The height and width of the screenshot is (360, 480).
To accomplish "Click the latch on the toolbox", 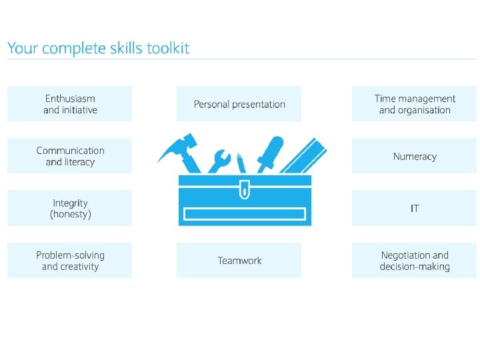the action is click(x=244, y=191).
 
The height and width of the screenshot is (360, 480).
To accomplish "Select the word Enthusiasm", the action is click(x=70, y=99).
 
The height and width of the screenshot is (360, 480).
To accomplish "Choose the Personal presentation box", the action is click(x=239, y=104).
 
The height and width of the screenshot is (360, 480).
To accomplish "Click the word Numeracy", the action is click(x=415, y=157).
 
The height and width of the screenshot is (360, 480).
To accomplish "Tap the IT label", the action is click(x=415, y=209).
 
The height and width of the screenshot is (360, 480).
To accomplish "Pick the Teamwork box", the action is click(x=239, y=261).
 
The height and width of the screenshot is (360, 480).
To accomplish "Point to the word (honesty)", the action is click(x=70, y=215).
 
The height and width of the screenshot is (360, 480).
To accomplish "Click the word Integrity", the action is click(x=70, y=203).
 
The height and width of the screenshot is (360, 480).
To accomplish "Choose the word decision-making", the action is click(x=415, y=267).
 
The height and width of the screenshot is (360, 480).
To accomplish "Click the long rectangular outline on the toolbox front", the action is click(x=244, y=214).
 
